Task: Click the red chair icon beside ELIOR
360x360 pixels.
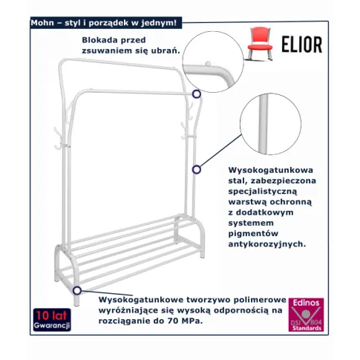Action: (x=260, y=44)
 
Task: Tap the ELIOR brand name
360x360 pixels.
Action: (x=302, y=45)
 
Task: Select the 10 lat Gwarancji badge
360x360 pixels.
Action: (x=52, y=320)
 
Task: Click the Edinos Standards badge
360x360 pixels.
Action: (x=306, y=315)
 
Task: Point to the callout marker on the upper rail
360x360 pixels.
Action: (x=197, y=94)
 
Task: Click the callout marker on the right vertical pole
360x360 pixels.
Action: (x=197, y=169)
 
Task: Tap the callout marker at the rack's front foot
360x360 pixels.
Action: (x=77, y=290)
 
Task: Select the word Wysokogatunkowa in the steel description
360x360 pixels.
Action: (x=271, y=170)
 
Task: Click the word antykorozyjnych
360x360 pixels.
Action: (x=267, y=244)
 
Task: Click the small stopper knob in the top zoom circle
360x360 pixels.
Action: (x=208, y=64)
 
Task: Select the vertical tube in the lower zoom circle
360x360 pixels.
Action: (x=263, y=124)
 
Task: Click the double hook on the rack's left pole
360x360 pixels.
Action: (x=59, y=139)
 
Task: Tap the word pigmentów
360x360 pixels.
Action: (x=253, y=234)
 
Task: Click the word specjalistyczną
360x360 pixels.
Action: (x=263, y=192)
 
